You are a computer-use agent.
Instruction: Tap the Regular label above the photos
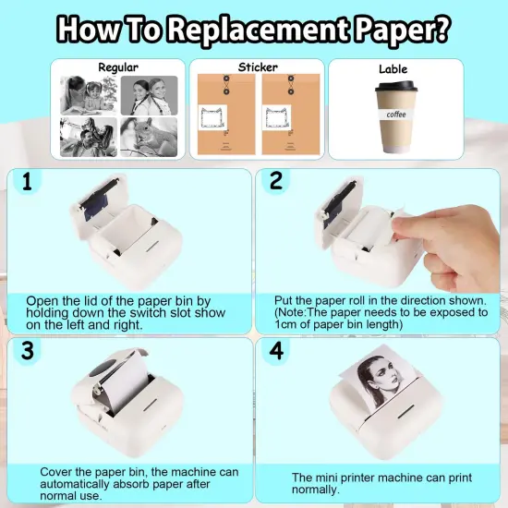118,67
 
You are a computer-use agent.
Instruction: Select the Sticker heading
257,67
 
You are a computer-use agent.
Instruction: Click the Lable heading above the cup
393,69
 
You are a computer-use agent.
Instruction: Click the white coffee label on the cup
395,115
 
